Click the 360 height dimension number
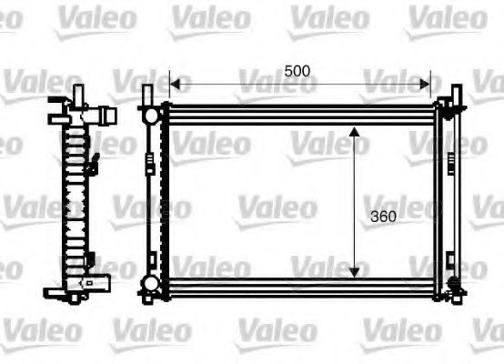(x=383, y=217)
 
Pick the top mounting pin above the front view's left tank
(x=147, y=95)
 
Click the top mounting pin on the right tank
(x=449, y=95)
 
